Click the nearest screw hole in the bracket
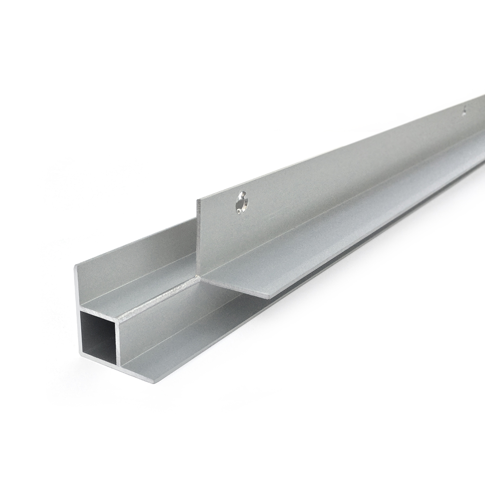tap(241, 203)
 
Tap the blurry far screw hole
tap(464, 111)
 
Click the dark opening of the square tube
tap(98, 338)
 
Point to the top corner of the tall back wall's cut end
tap(75, 266)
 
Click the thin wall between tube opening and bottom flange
tap(119, 339)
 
